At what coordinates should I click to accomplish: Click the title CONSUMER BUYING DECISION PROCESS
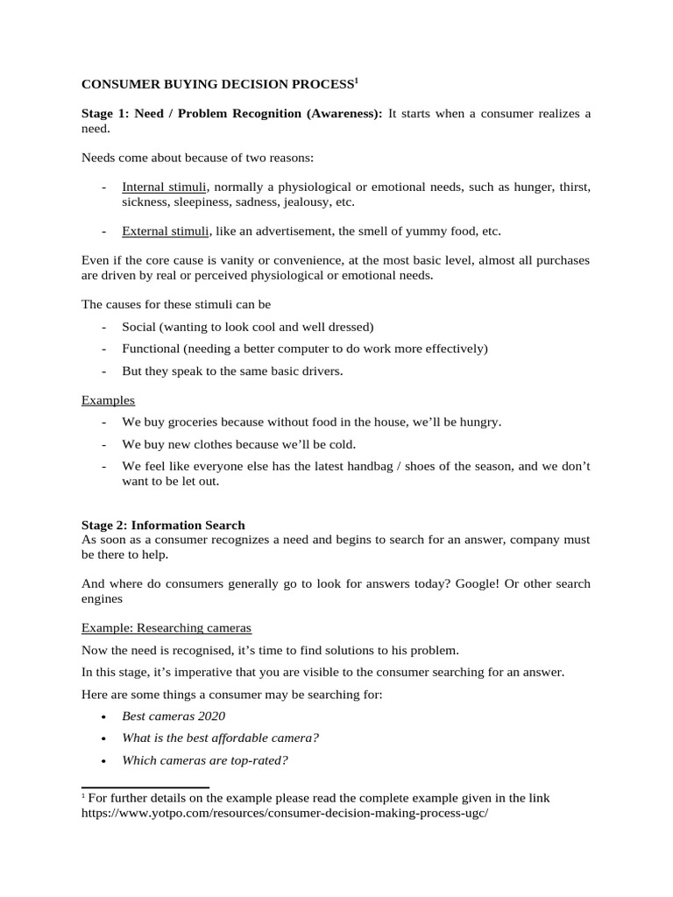pos(216,85)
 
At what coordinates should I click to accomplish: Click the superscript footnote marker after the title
pos(356,81)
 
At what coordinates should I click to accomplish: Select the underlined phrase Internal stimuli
pos(165,187)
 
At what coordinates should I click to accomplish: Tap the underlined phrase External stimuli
pos(166,231)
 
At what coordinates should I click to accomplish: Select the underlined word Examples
pos(108,399)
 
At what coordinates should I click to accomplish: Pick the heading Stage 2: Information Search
pos(163,525)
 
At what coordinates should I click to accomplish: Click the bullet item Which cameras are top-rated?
pos(205,759)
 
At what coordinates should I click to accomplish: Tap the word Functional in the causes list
pos(150,349)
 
